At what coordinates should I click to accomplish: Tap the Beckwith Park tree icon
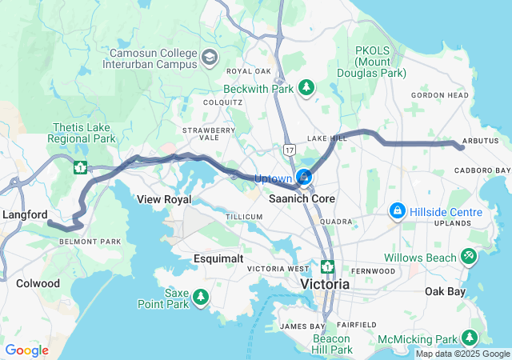[x=306, y=86]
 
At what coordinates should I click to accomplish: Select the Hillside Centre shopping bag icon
[x=396, y=211]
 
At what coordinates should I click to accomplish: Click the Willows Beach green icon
[x=469, y=257]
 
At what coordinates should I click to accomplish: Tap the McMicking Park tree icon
[x=472, y=338]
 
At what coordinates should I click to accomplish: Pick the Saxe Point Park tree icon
[x=200, y=298]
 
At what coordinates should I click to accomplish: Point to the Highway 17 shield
[x=289, y=149]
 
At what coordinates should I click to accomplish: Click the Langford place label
[x=25, y=214]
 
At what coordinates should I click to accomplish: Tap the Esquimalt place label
[x=218, y=258]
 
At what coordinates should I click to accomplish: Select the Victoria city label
[x=325, y=284]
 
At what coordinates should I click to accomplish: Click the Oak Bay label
[x=445, y=291]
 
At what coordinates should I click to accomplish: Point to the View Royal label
[x=163, y=198]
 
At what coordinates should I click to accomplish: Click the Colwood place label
[x=38, y=283]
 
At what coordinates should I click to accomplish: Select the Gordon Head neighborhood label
[x=439, y=95]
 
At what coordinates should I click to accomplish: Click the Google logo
[x=26, y=350]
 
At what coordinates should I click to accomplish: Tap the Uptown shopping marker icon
[x=304, y=177]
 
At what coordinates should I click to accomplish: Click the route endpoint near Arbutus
[x=462, y=146]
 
